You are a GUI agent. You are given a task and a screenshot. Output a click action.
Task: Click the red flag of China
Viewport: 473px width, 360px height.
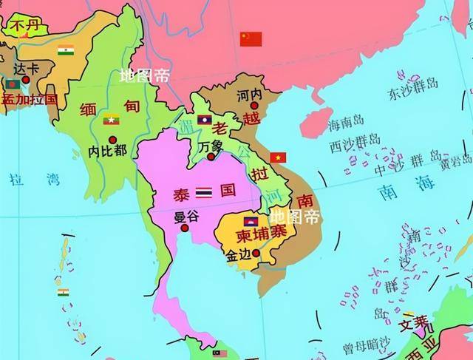tap(251, 39)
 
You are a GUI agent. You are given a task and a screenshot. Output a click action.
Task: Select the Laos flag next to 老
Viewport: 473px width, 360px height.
tap(205, 120)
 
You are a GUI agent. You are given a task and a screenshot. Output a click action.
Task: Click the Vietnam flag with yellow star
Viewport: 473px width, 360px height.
tap(278, 157)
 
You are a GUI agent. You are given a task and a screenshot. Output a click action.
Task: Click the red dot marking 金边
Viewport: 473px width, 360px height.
tap(256, 253)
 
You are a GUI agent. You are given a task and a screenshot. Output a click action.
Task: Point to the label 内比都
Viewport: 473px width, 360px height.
tap(107, 151)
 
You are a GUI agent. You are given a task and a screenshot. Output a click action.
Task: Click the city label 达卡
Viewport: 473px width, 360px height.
tap(26, 68)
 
